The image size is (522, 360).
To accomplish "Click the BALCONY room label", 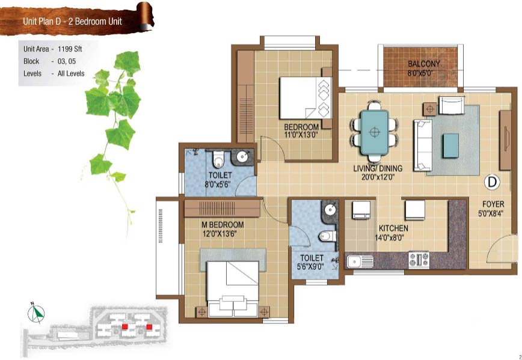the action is click(x=424, y=63).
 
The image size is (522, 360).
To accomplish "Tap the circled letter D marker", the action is click(x=493, y=182).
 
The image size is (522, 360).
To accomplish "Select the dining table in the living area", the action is click(x=375, y=132).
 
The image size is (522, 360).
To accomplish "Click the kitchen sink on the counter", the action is click(x=360, y=261).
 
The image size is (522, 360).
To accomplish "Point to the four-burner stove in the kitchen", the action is click(x=419, y=260).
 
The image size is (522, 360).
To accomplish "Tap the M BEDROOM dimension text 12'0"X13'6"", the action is click(x=220, y=234).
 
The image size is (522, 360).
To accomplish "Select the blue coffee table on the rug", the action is click(x=450, y=145).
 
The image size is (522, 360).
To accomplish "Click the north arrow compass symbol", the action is click(x=36, y=313).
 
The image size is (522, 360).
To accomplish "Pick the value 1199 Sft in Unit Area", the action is click(x=70, y=49).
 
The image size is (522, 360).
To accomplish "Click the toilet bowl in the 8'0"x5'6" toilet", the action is click(x=218, y=159).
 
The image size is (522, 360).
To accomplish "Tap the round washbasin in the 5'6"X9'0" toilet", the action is click(x=330, y=210).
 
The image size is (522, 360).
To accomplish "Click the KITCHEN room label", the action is click(x=393, y=228).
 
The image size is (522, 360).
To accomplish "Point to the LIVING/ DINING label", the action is click(x=378, y=168).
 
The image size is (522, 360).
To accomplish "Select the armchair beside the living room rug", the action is click(x=452, y=105).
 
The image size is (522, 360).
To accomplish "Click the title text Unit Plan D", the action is click(x=44, y=22).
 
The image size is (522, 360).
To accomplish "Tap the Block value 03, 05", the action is click(x=67, y=61).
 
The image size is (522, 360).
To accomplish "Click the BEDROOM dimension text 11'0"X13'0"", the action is click(x=301, y=135).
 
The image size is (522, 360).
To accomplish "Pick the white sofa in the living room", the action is click(x=423, y=145).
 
